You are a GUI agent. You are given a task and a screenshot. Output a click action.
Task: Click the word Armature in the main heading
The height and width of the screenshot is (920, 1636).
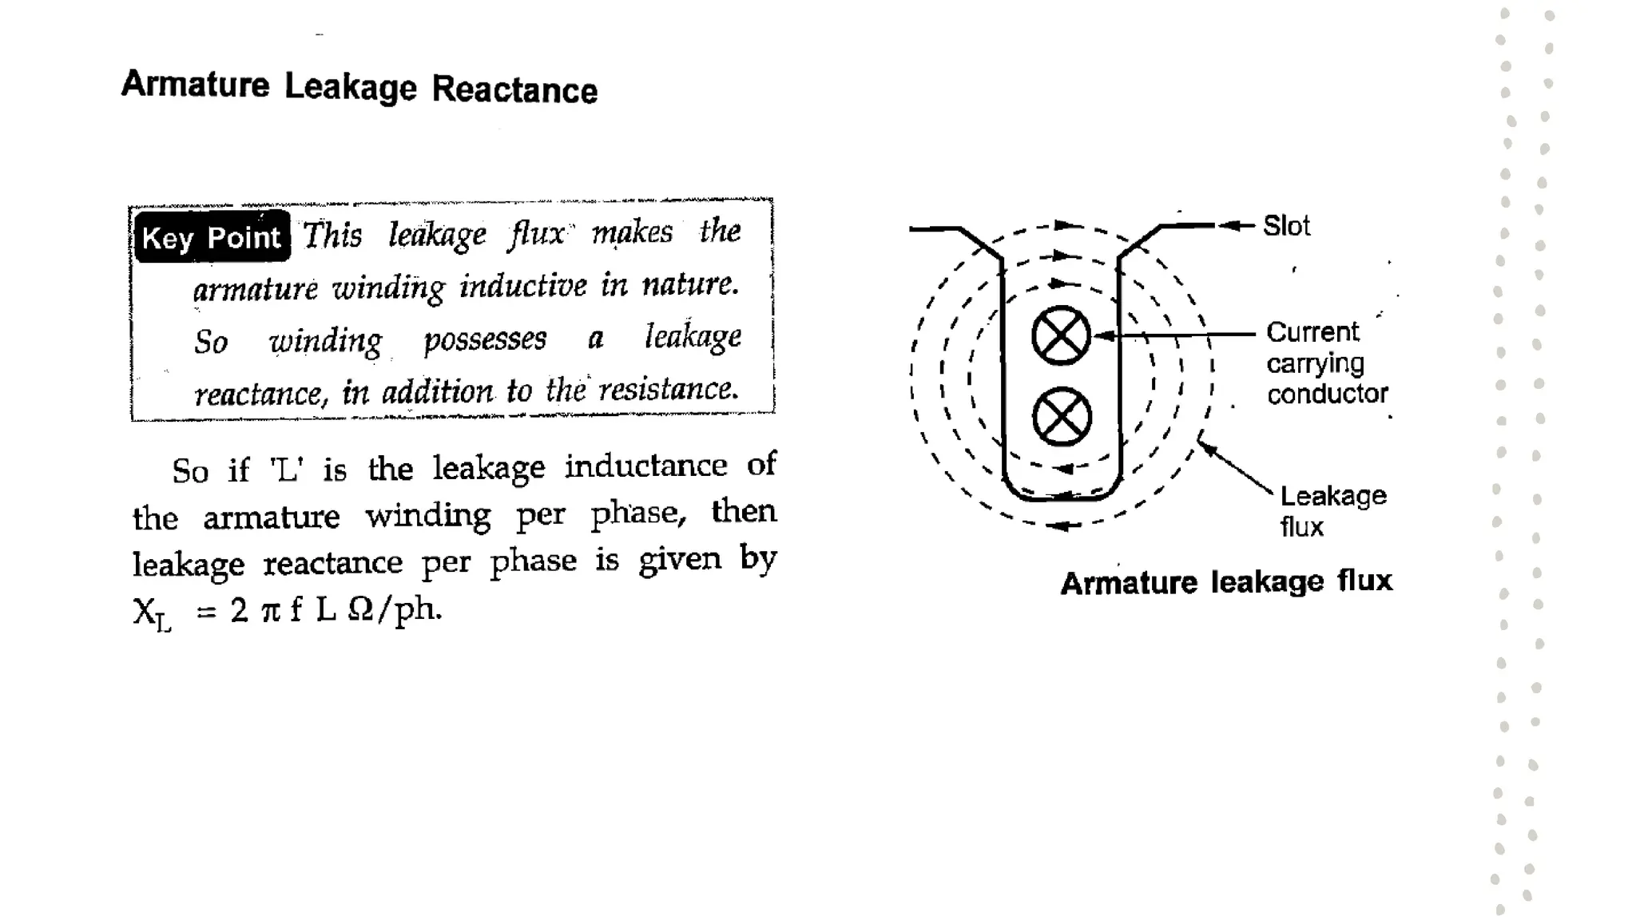(x=196, y=84)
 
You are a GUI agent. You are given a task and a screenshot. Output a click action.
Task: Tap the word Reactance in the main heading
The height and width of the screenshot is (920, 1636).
(x=514, y=89)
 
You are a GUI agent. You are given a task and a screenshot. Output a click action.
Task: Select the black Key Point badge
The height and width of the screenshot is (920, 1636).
(x=212, y=237)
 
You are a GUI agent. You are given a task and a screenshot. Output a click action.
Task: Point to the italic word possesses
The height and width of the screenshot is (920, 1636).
(x=485, y=339)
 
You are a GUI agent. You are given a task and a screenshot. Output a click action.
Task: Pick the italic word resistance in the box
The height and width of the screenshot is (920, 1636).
(x=668, y=389)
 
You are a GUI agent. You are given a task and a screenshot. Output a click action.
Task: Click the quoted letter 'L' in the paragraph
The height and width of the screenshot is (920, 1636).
(x=287, y=469)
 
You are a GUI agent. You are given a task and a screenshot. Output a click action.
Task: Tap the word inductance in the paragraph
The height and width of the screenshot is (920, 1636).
(x=645, y=466)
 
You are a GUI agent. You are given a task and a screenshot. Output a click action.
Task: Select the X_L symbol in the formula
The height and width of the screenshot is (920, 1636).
(x=152, y=613)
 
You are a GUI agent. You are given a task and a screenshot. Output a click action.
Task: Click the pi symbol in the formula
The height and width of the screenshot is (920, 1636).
(x=271, y=611)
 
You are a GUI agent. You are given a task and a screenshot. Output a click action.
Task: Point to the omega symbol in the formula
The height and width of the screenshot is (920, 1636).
(x=361, y=610)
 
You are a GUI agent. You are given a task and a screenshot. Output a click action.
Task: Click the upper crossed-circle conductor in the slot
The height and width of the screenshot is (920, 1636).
(x=1061, y=335)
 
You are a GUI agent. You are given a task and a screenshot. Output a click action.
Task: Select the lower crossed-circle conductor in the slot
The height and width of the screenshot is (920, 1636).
(x=1062, y=417)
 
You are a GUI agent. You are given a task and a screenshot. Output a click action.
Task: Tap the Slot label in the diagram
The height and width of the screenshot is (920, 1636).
(x=1286, y=226)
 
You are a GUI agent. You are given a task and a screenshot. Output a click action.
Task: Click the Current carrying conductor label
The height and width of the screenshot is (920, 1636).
(x=1326, y=363)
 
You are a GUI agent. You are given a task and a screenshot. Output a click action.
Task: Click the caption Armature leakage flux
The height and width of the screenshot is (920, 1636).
(x=1226, y=581)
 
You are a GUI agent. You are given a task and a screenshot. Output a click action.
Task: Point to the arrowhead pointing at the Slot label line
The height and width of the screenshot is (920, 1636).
(x=1230, y=226)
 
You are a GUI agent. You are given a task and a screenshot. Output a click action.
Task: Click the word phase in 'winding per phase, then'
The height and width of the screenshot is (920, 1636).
(x=637, y=514)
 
